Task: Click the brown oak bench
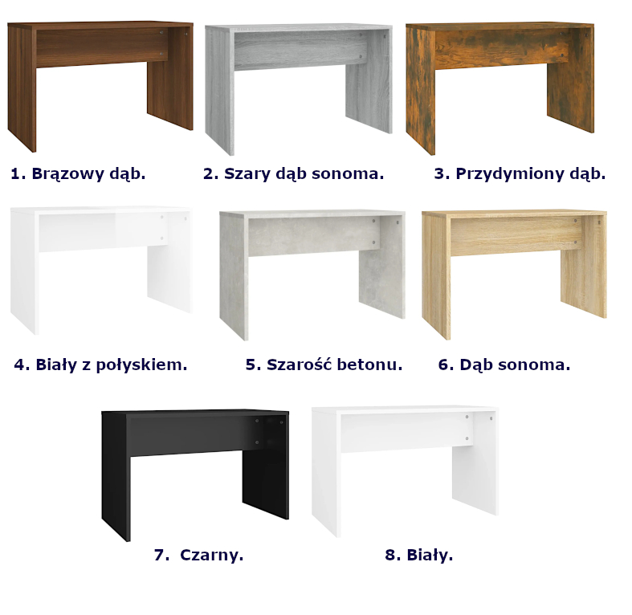[x=100, y=44]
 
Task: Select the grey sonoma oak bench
[x=298, y=47]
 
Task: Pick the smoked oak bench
[x=499, y=45]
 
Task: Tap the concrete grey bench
[x=312, y=234]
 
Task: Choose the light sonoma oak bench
[x=514, y=233]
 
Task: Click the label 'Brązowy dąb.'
[x=88, y=173]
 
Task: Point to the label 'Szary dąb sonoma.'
[x=304, y=173]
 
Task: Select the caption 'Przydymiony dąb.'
[x=531, y=173]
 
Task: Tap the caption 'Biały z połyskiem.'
[x=112, y=365]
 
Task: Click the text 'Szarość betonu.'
[x=335, y=365]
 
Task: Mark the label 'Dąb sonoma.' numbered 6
[x=515, y=365]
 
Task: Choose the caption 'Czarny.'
[x=212, y=555]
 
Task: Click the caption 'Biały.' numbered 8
[x=430, y=555]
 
